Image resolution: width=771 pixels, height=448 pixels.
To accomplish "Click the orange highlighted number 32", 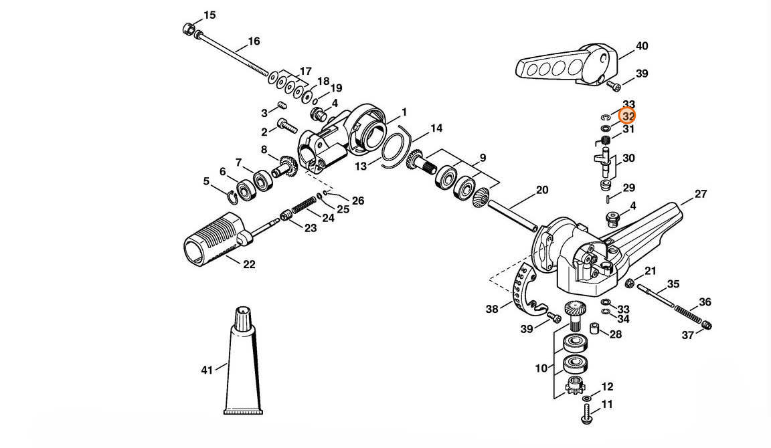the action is (627, 116).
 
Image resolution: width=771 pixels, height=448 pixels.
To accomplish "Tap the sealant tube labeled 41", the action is (244, 361).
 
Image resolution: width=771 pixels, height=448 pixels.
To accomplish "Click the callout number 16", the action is (254, 41).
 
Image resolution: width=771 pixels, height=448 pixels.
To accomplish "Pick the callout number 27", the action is (701, 194).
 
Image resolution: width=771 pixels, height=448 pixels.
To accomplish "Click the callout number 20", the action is (542, 190).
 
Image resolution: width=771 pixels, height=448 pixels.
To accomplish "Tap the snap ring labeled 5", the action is (233, 197).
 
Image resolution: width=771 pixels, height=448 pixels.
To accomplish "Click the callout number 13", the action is (361, 166).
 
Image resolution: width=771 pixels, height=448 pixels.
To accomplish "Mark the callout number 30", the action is (628, 158).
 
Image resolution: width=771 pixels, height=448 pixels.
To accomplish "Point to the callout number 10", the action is (541, 368).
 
